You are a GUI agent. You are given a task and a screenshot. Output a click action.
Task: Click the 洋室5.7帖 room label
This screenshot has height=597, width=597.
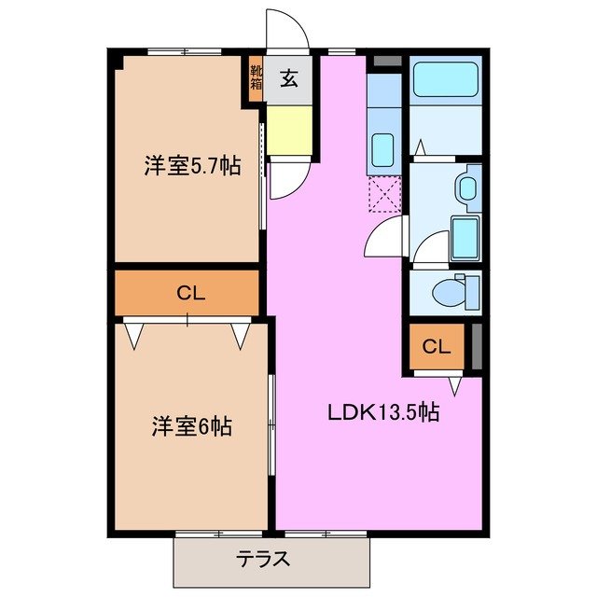pyautogui.click(x=191, y=166)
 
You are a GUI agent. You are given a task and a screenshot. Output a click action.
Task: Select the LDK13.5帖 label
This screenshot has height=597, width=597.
pyautogui.click(x=382, y=411)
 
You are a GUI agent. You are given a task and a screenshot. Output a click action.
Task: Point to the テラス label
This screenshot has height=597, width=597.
pyautogui.click(x=262, y=560)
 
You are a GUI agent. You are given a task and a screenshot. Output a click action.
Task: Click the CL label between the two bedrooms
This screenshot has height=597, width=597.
pyautogui.click(x=189, y=293)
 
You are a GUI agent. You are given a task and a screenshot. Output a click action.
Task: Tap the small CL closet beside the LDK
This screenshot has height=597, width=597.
pyautogui.click(x=436, y=347)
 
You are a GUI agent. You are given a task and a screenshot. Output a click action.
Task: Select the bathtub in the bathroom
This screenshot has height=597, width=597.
pyautogui.click(x=444, y=80)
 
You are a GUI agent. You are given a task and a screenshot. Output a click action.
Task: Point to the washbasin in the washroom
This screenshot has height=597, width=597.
pyautogui.click(x=467, y=187)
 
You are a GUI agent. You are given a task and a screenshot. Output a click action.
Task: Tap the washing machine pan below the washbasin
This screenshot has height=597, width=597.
pyautogui.click(x=464, y=239)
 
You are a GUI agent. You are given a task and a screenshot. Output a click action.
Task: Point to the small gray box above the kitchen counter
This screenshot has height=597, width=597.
pyautogui.click(x=383, y=62)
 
